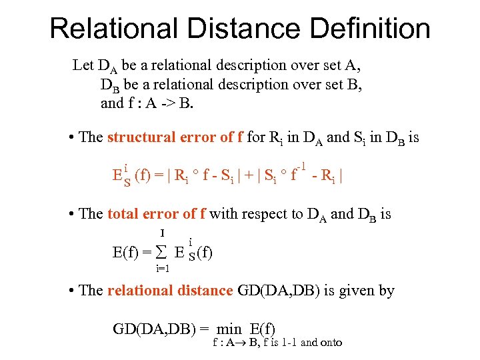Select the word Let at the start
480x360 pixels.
83,65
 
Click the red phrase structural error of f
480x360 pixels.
175,137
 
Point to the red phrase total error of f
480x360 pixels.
157,214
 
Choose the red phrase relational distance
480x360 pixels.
169,291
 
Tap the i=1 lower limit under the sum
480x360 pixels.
162,268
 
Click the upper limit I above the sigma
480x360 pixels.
163,233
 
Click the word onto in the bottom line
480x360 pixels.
330,343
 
